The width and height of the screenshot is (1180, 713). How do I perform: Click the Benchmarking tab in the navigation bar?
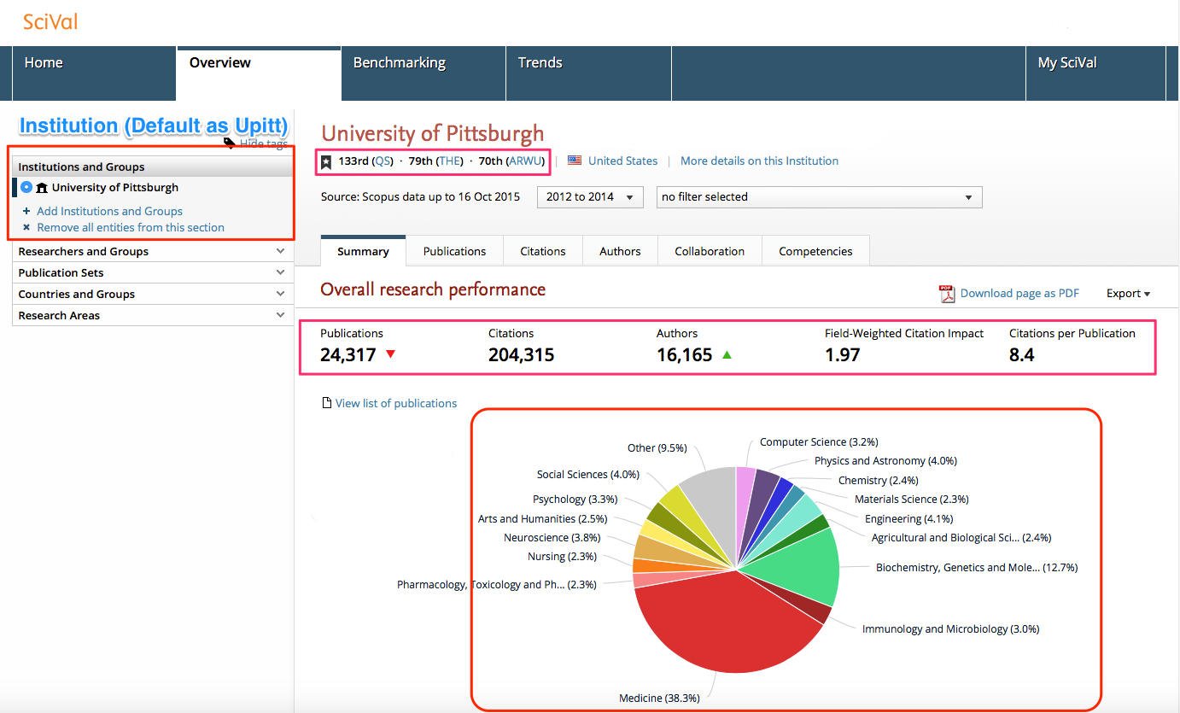click(x=399, y=63)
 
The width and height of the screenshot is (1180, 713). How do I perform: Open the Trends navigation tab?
click(x=540, y=63)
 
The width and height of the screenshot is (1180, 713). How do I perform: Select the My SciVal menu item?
click(x=1066, y=63)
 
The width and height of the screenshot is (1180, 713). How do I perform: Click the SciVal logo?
click(x=50, y=21)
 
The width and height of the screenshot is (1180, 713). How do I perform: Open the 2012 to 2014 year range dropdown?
click(x=590, y=197)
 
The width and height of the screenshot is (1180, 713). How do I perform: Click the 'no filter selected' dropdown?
click(x=818, y=197)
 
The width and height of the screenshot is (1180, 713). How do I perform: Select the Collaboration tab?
click(x=709, y=251)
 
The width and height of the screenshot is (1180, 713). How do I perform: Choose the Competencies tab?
click(x=815, y=251)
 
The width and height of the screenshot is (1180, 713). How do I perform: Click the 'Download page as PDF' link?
click(x=1019, y=294)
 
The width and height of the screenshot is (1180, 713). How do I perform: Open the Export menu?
click(x=1128, y=294)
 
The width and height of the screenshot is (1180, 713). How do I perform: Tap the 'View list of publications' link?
click(x=395, y=403)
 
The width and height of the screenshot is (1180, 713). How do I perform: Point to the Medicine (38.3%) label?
click(x=659, y=698)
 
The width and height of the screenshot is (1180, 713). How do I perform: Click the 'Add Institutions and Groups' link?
click(x=109, y=211)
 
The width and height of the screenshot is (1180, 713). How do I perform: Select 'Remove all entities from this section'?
click(x=130, y=228)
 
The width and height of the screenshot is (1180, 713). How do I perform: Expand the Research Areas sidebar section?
click(x=152, y=316)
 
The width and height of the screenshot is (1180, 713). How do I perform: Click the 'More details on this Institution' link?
click(x=759, y=161)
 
